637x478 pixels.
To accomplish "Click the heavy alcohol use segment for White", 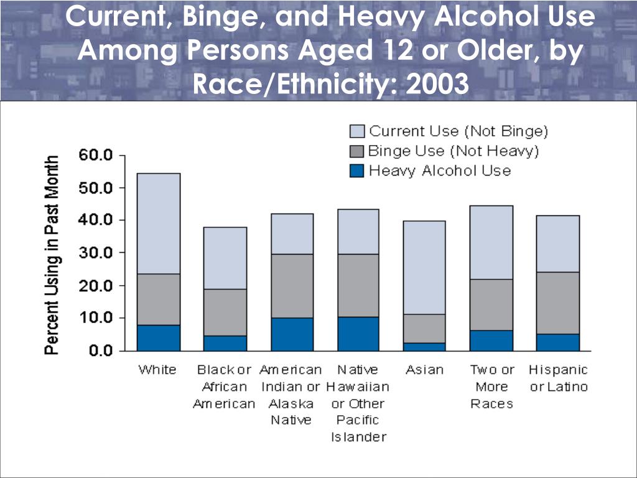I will [x=159, y=337].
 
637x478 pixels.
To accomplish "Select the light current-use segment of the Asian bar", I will [x=425, y=267].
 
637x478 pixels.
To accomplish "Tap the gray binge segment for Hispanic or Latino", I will [x=558, y=302].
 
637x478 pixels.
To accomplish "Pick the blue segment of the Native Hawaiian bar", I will [x=358, y=334].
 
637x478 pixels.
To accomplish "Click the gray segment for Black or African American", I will [x=225, y=312].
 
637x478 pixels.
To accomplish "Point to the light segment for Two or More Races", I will [x=491, y=242].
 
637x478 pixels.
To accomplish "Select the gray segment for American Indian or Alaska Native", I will [x=292, y=286].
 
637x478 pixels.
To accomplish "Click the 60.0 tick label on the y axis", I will [x=95, y=155].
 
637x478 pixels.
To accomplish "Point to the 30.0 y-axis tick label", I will [x=95, y=253].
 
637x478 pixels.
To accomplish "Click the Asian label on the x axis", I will [x=425, y=370].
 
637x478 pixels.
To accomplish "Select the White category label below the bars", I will [x=157, y=370].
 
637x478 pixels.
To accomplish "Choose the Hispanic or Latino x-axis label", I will [x=558, y=378].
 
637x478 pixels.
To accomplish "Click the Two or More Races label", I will [x=491, y=387].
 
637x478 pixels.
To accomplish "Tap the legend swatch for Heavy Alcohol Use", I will [x=356, y=171].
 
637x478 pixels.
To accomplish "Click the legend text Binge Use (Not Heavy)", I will [x=453, y=151].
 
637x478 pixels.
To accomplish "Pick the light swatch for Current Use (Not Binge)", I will [x=356, y=131].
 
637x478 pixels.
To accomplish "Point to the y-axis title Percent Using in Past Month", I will [x=53, y=255].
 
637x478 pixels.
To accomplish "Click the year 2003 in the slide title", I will [x=435, y=82].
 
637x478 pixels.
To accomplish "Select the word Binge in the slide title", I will [x=220, y=17].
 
